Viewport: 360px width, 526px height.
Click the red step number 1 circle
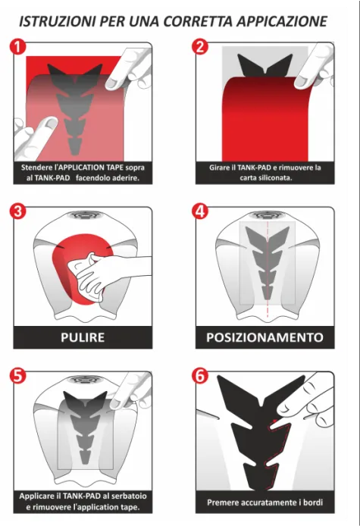point(17,47)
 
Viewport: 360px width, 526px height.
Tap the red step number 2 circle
point(200,47)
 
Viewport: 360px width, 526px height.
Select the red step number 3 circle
point(17,211)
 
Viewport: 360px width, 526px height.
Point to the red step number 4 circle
point(200,211)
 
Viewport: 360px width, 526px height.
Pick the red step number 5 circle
point(17,376)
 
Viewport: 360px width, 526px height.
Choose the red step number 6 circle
point(200,376)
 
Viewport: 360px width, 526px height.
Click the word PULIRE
point(83,337)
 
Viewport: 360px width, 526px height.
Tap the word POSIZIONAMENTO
point(265,337)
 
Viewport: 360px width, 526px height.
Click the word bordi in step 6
point(313,503)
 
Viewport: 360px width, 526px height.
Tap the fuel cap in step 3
point(83,214)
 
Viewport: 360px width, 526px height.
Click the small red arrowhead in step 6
point(275,421)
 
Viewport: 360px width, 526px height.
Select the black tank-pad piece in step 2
point(265,64)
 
